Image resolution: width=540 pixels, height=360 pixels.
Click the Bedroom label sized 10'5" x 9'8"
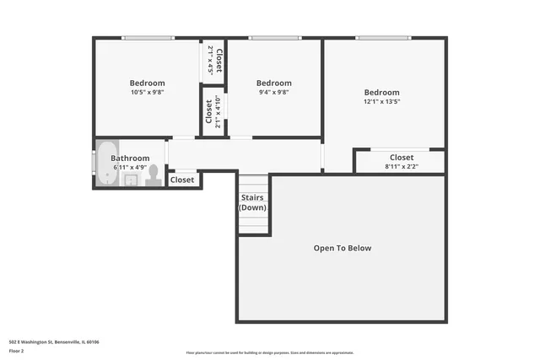pos(147,83)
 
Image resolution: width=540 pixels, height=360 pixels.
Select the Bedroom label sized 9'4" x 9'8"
pos(274,83)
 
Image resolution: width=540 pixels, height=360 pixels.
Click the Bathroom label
pos(130,158)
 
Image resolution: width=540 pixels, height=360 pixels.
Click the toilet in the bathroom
pos(153,175)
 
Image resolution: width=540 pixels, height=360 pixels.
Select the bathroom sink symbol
pos(131,180)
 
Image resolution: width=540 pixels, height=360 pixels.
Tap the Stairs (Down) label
pos(252,202)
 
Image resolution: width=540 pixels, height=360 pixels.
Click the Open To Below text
pos(342,248)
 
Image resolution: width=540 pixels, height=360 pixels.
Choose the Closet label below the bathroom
pos(182,180)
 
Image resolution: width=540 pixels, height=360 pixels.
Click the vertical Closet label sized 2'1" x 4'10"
pos(208,111)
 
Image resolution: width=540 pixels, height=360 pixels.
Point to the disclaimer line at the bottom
pos(270,351)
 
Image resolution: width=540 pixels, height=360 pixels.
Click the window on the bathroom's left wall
pos(94,161)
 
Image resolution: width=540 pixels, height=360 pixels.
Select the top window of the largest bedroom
pos(384,37)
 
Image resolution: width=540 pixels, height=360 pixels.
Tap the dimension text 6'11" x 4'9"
pos(130,167)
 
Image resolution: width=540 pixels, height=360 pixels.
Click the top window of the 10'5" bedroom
pos(148,37)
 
